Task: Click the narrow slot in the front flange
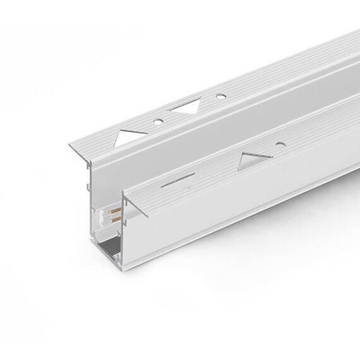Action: pos(175,181)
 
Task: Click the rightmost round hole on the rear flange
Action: pos(220,97)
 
